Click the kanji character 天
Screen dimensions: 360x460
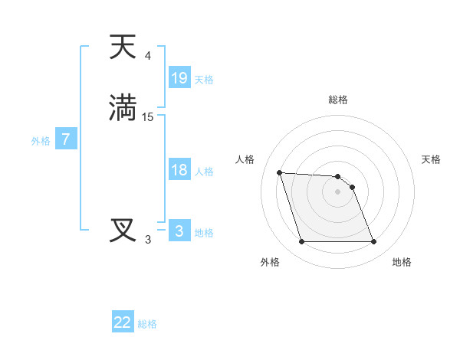coord(123,47)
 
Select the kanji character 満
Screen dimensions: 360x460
coord(123,107)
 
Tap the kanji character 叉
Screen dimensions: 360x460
coord(123,230)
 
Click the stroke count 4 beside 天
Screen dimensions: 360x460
coord(148,56)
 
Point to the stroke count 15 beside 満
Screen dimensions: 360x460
coord(148,116)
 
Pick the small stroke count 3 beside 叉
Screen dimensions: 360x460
coord(148,240)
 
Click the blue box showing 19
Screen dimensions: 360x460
coord(179,78)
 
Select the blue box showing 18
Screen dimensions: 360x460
coord(179,170)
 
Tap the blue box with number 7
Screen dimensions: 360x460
coord(66,140)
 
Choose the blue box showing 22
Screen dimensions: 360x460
coord(123,322)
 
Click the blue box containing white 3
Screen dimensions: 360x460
coord(179,231)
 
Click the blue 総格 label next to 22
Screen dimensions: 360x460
coord(147,324)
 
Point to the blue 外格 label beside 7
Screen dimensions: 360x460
coord(41,141)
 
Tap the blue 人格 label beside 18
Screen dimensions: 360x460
coord(205,172)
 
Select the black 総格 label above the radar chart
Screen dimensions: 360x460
coord(338,100)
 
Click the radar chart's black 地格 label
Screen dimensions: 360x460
coord(402,262)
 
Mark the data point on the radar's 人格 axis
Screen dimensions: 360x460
coord(279,172)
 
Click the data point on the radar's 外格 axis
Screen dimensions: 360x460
coord(301,242)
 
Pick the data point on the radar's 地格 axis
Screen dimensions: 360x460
coord(373,242)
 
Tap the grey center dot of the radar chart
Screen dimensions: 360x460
coord(337,191)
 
